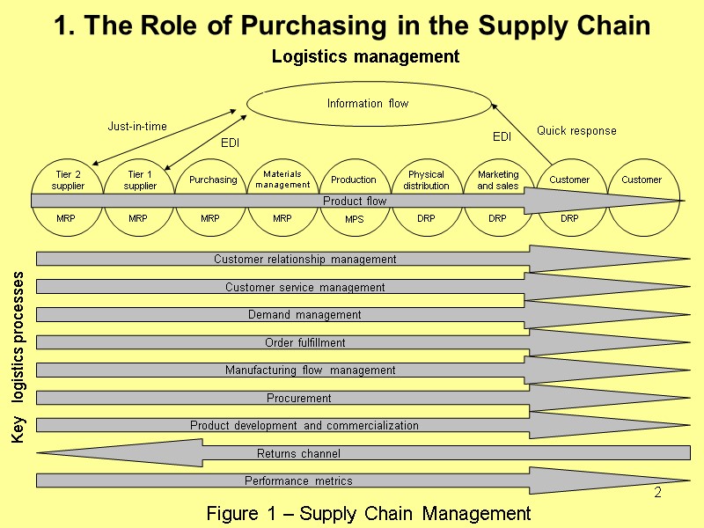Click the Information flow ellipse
[x=368, y=104]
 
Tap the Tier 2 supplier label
[x=68, y=180]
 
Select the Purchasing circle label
[x=213, y=180]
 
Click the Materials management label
[x=282, y=180]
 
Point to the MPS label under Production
[x=354, y=218]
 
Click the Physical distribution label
[x=426, y=180]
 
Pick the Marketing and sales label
[x=498, y=180]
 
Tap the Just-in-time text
[x=137, y=127]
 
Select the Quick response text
[x=576, y=131]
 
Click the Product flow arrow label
[x=355, y=201]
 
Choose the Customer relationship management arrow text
[x=305, y=260]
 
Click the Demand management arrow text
[x=304, y=315]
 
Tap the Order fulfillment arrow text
[x=304, y=342]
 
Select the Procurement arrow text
[x=299, y=399]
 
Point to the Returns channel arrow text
[x=298, y=454]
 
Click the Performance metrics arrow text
[x=298, y=481]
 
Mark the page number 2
[x=657, y=493]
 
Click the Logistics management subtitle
[x=365, y=57]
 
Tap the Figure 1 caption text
[x=368, y=513]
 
